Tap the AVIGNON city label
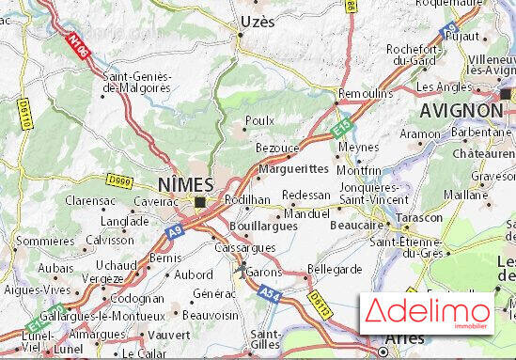coord(461,110)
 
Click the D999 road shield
coord(119,179)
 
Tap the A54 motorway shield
coord(271,295)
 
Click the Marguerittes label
coord(293,168)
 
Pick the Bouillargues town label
coord(265,227)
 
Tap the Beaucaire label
coord(357,225)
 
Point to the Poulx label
coord(259,120)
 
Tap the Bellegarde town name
coord(335,269)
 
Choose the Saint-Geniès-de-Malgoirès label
coord(137,81)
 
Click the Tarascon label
coord(419,217)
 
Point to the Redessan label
coord(306,195)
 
